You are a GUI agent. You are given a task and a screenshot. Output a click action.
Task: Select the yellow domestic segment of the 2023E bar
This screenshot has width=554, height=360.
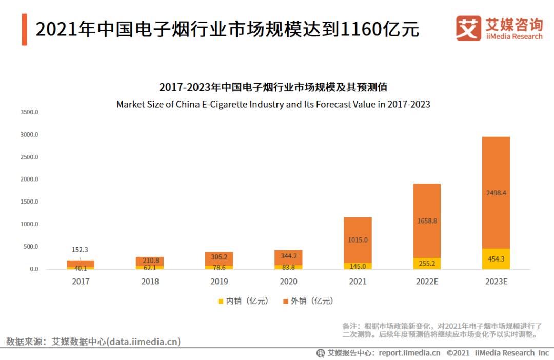[x=496, y=259]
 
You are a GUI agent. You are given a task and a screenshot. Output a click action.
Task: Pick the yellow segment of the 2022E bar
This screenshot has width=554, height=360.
[x=427, y=263]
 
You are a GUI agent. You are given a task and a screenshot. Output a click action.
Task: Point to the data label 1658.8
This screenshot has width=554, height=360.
[x=427, y=221]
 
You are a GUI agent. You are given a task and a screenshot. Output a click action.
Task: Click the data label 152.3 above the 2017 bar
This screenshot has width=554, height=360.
[x=80, y=250]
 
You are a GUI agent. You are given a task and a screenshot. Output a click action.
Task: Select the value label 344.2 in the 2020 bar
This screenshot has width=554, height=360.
[x=288, y=255]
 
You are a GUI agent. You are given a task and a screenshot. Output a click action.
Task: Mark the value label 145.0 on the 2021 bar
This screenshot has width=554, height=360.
[x=358, y=266]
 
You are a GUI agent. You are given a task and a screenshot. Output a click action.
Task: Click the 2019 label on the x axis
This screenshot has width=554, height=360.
[x=219, y=282]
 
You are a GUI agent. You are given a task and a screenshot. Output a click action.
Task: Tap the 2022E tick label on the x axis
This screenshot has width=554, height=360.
[x=427, y=282]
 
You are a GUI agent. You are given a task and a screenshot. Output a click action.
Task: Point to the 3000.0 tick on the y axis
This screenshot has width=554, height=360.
[x=29, y=134]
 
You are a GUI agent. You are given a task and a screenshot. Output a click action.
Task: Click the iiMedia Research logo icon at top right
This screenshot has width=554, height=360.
[x=468, y=28]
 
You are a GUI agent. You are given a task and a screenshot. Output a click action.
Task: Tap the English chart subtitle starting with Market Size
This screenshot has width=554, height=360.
[x=273, y=104]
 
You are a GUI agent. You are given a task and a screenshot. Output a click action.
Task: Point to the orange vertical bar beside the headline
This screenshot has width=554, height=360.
[x=24, y=29]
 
